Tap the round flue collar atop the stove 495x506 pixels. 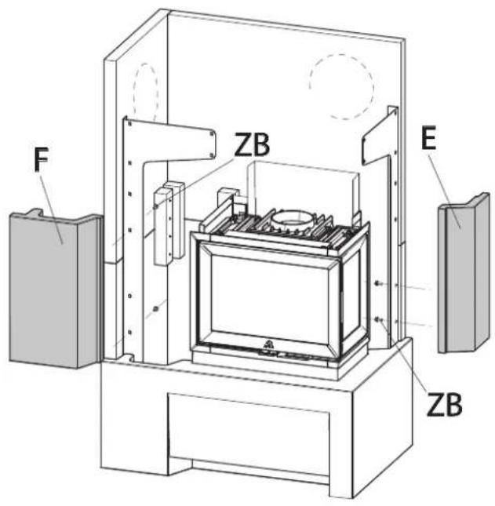(297, 220)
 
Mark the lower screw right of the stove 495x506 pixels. (379, 319)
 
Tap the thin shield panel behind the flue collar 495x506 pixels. (302, 184)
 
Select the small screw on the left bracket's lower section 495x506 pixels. (157, 308)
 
